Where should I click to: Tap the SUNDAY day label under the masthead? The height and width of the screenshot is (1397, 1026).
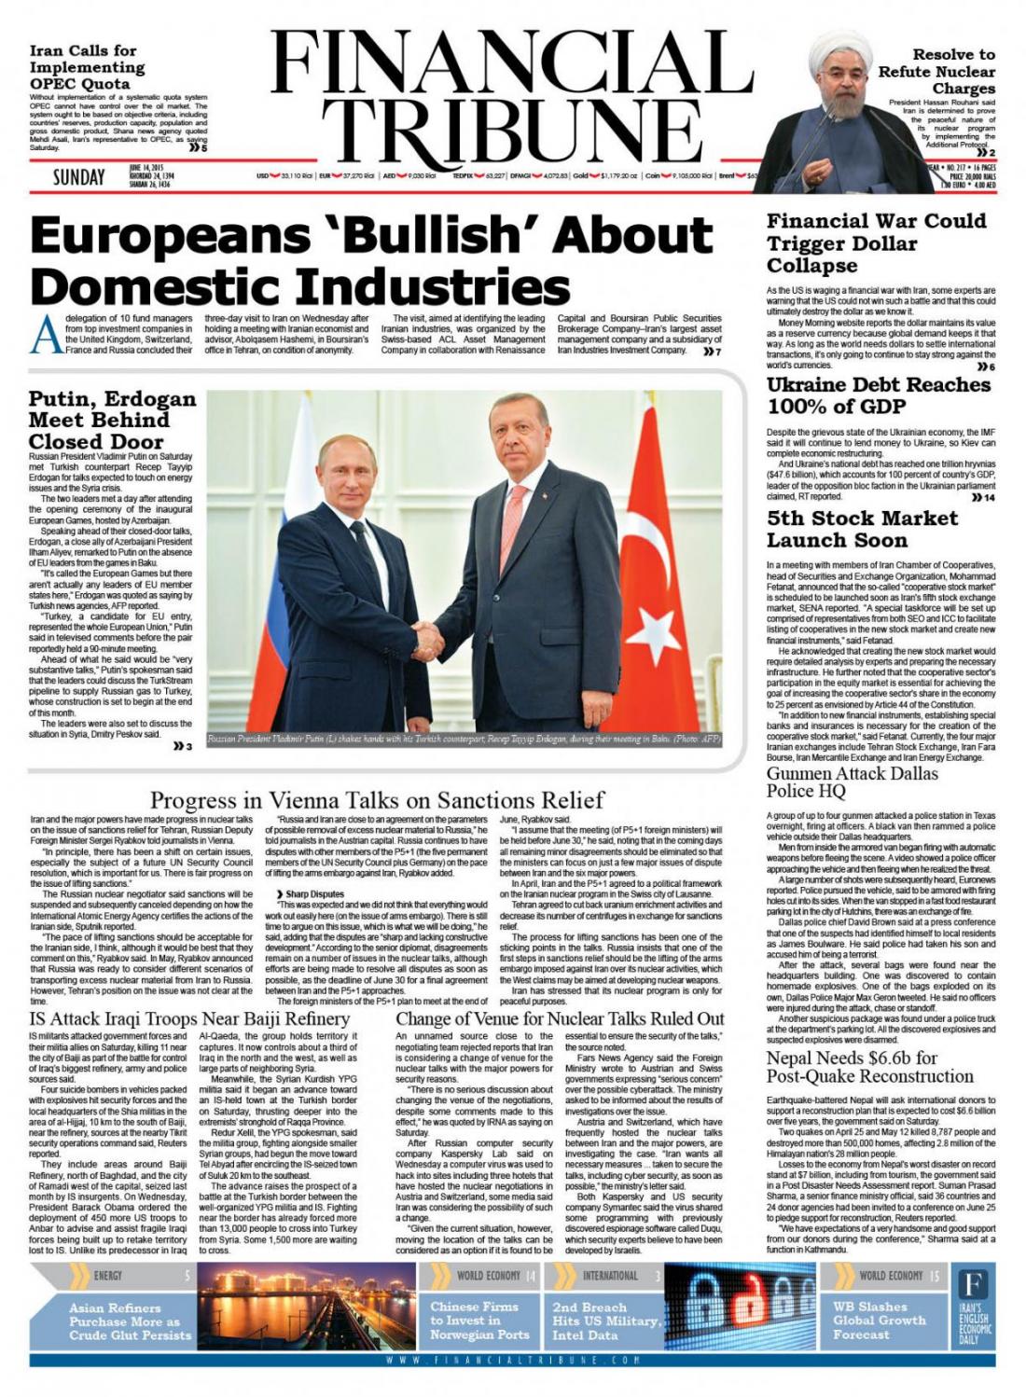tap(78, 176)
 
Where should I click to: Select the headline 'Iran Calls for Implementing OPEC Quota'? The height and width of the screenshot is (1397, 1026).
tap(87, 67)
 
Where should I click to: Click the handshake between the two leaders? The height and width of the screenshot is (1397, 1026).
tap(431, 636)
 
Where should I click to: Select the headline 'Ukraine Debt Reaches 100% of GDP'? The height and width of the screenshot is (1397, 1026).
tap(865, 395)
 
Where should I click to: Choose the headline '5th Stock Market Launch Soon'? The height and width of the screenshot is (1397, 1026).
tap(861, 529)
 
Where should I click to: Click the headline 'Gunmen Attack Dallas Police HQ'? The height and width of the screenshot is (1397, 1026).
tap(852, 781)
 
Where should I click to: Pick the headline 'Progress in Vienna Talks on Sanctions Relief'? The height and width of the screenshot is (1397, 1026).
tap(377, 800)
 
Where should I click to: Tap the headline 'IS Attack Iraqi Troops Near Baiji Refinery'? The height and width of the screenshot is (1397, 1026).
tap(189, 1018)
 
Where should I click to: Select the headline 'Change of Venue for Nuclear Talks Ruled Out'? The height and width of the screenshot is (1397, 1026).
tap(559, 1018)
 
